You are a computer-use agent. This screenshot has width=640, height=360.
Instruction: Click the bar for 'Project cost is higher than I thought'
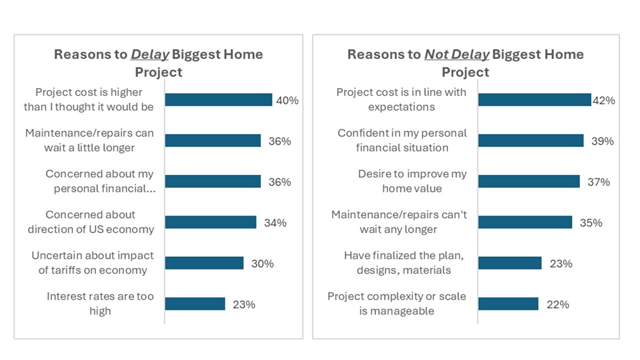pyautogui.click(x=218, y=100)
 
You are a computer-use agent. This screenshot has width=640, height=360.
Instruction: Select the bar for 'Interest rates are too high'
pyautogui.click(x=195, y=304)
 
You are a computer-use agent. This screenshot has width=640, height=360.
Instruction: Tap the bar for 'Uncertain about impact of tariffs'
pyautogui.click(x=204, y=263)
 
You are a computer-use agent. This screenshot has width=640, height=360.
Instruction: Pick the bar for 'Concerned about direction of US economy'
pyautogui.click(x=210, y=222)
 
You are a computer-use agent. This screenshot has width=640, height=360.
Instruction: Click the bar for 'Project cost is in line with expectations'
pyautogui.click(x=534, y=100)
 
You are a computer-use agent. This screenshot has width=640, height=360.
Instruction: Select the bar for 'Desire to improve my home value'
pyautogui.click(x=529, y=181)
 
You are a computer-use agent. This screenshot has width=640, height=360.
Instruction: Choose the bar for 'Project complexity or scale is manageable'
pyautogui.click(x=508, y=304)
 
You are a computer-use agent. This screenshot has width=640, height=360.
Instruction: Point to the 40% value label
pyautogui.click(x=287, y=100)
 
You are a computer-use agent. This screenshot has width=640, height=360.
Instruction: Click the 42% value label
pyautogui.click(x=603, y=100)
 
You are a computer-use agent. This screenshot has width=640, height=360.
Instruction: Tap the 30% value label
pyautogui.click(x=262, y=263)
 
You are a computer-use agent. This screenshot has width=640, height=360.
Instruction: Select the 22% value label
pyautogui.click(x=557, y=304)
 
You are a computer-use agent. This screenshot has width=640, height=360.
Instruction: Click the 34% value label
pyautogui.click(x=275, y=223)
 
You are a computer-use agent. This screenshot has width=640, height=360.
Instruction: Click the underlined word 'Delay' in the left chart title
pyautogui.click(x=149, y=54)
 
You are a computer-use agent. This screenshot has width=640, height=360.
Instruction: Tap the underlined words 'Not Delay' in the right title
pyautogui.click(x=456, y=54)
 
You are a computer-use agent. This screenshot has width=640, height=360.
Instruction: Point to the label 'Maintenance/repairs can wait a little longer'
pyautogui.click(x=89, y=140)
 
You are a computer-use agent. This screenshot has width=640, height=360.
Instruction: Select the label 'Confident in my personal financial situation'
pyautogui.click(x=402, y=140)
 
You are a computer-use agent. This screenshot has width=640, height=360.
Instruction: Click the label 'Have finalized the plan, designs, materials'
pyautogui.click(x=403, y=263)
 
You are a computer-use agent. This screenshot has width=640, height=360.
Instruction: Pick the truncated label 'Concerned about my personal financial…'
pyautogui.click(x=99, y=181)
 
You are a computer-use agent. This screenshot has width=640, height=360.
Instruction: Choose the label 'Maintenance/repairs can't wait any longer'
pyautogui.click(x=398, y=222)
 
